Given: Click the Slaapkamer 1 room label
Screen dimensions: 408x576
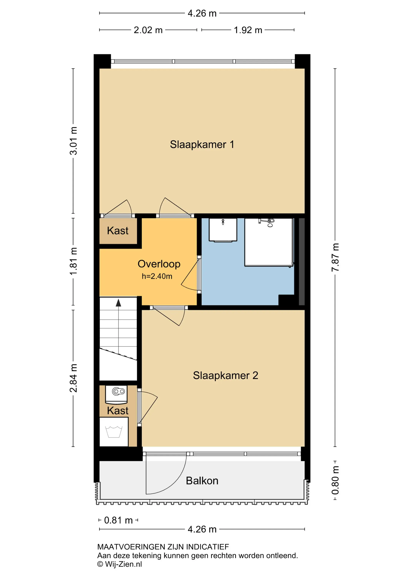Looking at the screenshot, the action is click(202, 145).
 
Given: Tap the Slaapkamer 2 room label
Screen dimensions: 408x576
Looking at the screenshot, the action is click(225, 376).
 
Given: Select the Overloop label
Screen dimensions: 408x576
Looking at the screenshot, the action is click(159, 264).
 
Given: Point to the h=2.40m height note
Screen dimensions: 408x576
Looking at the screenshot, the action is click(157, 276).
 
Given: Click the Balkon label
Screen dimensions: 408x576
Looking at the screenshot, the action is click(202, 481).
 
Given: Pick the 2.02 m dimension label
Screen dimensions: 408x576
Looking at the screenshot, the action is click(148, 30).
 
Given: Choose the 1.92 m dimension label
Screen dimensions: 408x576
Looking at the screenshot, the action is click(248, 30).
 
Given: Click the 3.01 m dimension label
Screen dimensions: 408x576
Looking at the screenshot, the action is click(73, 141).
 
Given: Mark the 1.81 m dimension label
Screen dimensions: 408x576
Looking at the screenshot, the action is click(73, 261).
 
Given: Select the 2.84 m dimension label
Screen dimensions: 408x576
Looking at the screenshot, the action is click(73, 378).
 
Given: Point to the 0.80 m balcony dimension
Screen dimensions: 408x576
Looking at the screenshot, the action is click(335, 480).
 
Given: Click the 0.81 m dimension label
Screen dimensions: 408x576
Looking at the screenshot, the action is click(118, 520).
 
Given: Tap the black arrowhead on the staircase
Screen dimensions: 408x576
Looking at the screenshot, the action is click(118, 303).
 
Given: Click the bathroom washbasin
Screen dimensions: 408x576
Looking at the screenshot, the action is click(223, 230).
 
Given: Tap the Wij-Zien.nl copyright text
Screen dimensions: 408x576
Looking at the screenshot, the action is click(120, 564).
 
